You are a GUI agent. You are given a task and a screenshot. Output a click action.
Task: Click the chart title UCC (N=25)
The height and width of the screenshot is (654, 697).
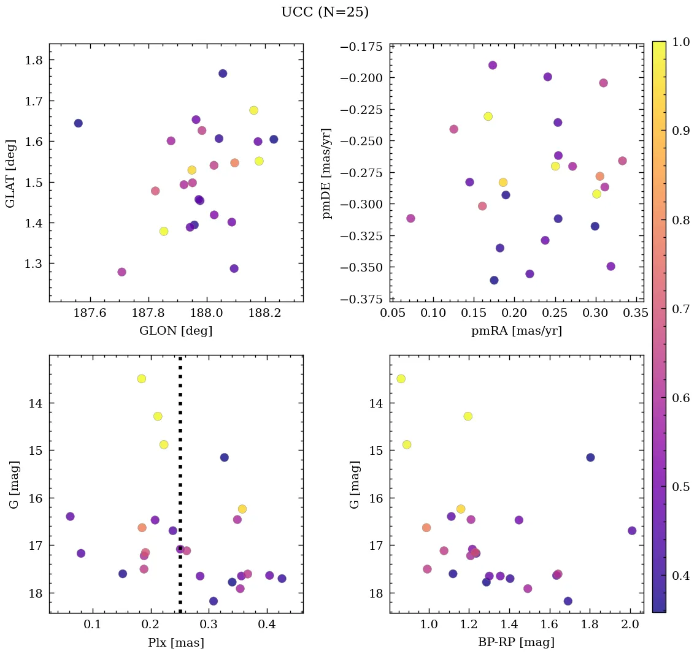pyautogui.click(x=325, y=12)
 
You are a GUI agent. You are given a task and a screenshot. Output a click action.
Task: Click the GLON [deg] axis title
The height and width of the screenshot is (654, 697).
pyautogui.click(x=176, y=331)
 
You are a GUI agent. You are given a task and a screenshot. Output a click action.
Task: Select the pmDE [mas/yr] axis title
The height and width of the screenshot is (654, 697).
pyautogui.click(x=327, y=173)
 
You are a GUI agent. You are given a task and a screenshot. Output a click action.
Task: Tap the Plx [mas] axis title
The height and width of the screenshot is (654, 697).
pyautogui.click(x=176, y=643)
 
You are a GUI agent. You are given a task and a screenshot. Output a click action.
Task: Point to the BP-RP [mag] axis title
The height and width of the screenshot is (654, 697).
pyautogui.click(x=517, y=643)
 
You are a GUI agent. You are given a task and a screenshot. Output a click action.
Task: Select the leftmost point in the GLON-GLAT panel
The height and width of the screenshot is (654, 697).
pyautogui.click(x=79, y=123)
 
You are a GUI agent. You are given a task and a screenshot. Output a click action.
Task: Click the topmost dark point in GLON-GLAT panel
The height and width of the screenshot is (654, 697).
pyautogui.click(x=223, y=74)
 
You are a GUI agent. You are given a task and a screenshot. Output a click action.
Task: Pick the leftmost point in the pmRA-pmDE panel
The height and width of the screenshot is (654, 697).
pyautogui.click(x=410, y=218)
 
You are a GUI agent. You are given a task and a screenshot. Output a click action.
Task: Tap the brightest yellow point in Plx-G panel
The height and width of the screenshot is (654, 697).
pyautogui.click(x=142, y=378)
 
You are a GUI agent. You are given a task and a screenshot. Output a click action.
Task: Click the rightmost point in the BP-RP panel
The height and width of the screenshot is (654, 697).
pyautogui.click(x=632, y=531)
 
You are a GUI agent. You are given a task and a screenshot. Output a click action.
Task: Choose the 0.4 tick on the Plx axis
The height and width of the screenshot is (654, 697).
pyautogui.click(x=267, y=626)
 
